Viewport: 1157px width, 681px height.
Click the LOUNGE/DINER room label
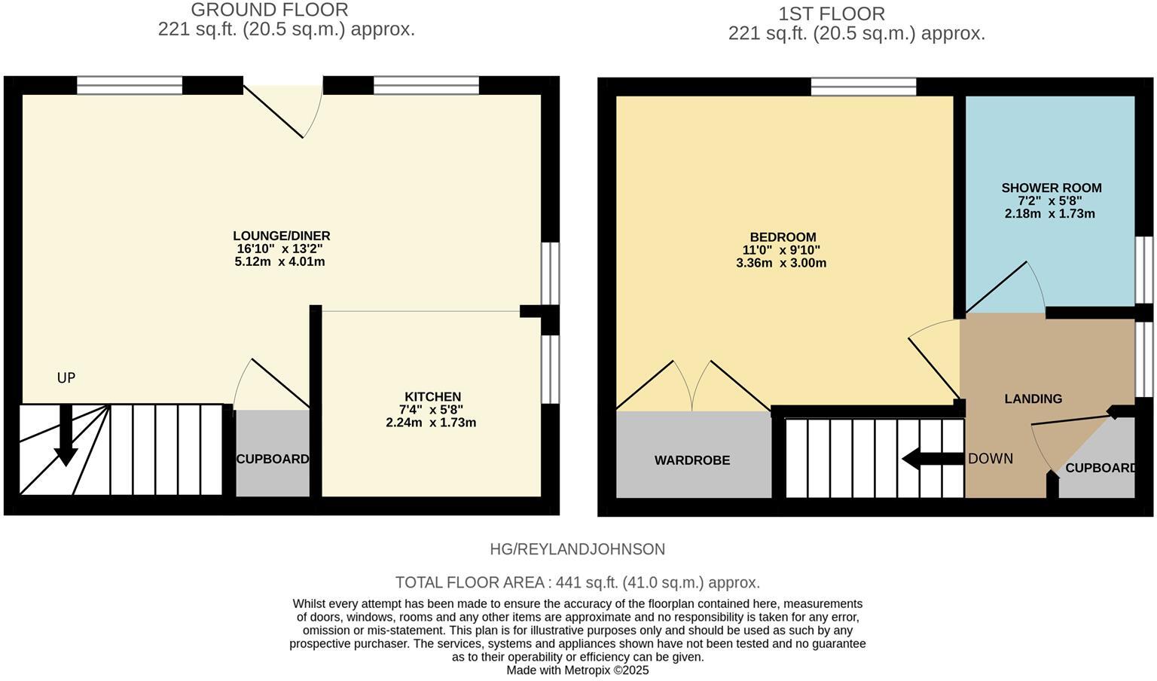pos(281,236)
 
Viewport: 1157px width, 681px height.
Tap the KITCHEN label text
pos(432,397)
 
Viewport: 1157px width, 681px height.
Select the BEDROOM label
pos(783,237)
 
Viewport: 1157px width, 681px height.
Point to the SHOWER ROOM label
pos(1051,188)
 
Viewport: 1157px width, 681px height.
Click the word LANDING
pos(1033,399)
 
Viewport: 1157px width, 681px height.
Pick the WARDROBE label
pos(691,460)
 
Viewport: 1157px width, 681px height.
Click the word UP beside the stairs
pos(66,377)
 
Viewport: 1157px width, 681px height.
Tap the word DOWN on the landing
pos(990,459)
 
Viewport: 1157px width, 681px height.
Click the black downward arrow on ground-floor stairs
pos(66,437)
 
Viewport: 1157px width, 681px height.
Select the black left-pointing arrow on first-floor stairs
pos(931,458)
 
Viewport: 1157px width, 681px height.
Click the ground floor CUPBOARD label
pos(272,459)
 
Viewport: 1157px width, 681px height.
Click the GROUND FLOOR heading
pos(269,10)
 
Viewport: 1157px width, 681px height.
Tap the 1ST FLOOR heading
pos(831,14)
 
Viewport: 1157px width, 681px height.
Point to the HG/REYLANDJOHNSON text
pos(577,549)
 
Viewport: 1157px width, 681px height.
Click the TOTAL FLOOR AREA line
pos(577,582)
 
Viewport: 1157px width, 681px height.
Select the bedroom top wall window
pos(863,87)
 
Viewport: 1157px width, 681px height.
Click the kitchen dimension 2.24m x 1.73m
pos(431,423)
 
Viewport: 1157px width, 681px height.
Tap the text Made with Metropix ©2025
pos(577,670)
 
